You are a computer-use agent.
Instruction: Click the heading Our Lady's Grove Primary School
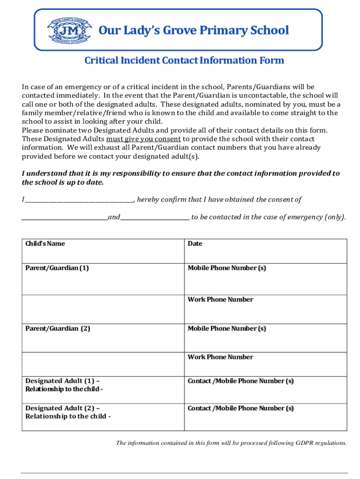click(194, 31)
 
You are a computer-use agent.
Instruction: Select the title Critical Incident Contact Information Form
click(184, 61)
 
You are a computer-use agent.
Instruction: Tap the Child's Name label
click(45, 244)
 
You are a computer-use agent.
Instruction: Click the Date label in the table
click(195, 244)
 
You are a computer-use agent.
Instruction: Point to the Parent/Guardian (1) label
click(57, 268)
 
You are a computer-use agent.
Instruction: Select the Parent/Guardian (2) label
click(58, 328)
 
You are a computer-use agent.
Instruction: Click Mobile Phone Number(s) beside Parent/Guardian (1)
click(227, 268)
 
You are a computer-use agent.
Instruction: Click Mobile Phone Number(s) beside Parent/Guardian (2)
click(227, 328)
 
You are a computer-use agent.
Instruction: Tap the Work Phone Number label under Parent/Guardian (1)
click(220, 299)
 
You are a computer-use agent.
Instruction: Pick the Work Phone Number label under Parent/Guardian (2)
click(220, 357)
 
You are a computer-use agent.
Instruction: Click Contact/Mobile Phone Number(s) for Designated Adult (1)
click(240, 381)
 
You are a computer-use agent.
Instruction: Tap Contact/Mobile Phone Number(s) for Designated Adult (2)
click(240, 408)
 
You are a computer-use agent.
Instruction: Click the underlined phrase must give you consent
click(144, 139)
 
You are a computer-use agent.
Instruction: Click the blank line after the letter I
click(79, 200)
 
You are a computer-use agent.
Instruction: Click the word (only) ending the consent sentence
click(336, 217)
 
